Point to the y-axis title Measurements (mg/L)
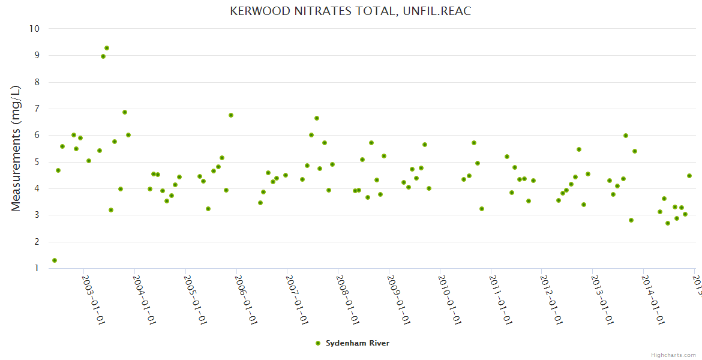pyautogui.click(x=16, y=148)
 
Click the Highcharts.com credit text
pyautogui.click(x=674, y=355)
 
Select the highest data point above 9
pyautogui.click(x=107, y=48)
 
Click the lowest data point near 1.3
pyautogui.click(x=55, y=260)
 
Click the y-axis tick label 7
pyautogui.click(x=37, y=109)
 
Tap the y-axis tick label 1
pyautogui.click(x=37, y=268)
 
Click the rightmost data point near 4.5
pyautogui.click(x=689, y=176)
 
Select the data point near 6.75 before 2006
pyautogui.click(x=231, y=115)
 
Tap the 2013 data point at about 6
pyautogui.click(x=626, y=136)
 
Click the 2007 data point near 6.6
pyautogui.click(x=317, y=118)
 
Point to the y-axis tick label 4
pyautogui.click(x=37, y=188)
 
